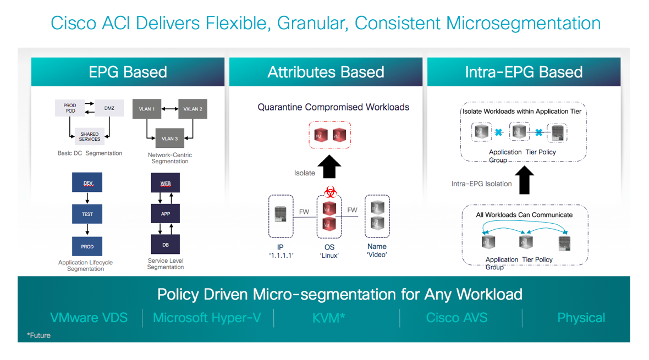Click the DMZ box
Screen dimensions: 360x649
109,108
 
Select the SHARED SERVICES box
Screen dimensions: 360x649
89,136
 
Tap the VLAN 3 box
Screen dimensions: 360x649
169,139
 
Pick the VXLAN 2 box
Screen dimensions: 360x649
193,109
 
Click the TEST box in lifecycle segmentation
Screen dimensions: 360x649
87,214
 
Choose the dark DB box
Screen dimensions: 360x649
166,245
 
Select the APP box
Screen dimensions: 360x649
166,214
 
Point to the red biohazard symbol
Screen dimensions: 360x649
330,192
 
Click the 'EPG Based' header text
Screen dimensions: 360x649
128,72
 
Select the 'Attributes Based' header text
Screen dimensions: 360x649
326,72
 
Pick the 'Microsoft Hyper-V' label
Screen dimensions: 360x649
207,318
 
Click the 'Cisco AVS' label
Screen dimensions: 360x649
457,318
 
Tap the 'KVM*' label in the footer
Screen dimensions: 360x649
329,318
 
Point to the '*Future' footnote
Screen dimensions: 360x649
38,335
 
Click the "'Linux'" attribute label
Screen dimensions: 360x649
329,256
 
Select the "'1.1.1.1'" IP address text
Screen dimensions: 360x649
280,256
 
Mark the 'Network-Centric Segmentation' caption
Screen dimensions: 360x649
169,158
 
